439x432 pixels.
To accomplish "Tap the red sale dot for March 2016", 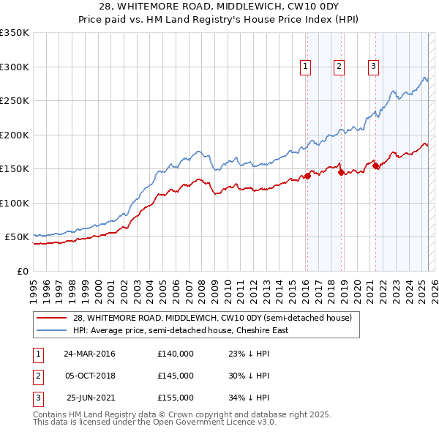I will click(x=308, y=176).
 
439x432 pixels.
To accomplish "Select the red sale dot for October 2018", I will click(x=341, y=172).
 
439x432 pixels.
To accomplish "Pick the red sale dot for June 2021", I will click(x=376, y=165).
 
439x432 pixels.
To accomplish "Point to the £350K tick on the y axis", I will click(x=15, y=33).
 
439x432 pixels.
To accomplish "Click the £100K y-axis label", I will click(x=15, y=203).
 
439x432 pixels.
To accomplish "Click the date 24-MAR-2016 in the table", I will click(x=89, y=354).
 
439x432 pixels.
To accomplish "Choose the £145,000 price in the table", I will click(x=176, y=376).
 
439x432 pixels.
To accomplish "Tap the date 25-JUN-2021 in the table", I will click(x=90, y=398).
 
